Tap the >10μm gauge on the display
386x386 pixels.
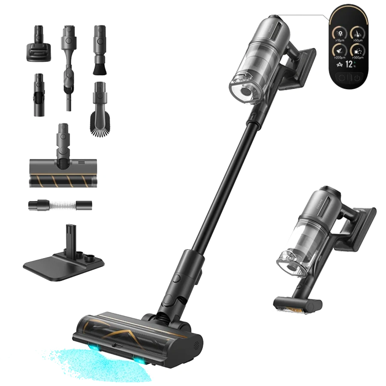coord(339,33)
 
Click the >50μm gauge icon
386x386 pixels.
coord(356,33)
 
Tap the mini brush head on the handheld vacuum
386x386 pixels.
coord(298,304)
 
